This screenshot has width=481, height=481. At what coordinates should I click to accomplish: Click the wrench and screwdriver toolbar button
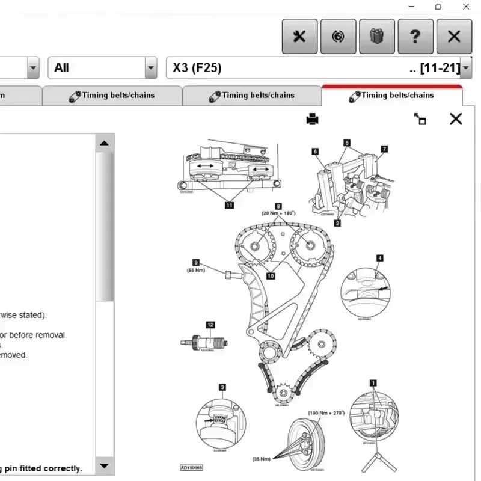pos(299,36)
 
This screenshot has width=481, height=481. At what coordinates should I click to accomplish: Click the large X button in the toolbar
pos(454,36)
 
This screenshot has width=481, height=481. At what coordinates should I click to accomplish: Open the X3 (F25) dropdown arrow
pos(466,68)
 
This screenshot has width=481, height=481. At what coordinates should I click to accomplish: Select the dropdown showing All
pos(102,68)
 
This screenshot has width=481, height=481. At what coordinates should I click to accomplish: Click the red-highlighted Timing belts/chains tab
pos(392,95)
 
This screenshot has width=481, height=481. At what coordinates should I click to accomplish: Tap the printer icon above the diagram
pos(313,119)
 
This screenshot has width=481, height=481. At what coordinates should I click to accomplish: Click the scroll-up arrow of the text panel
pos(105,143)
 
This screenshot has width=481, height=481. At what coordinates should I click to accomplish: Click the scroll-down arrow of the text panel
pos(105,465)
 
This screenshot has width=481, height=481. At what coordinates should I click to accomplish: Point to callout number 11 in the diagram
pos(229,205)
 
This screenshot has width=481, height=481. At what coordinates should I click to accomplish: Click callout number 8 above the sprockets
pos(278,206)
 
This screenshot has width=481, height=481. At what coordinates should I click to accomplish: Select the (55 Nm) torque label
pos(196,270)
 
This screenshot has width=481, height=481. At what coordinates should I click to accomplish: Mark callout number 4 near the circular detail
pos(379,258)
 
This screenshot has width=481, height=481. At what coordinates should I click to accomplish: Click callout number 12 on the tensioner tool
pos(210,325)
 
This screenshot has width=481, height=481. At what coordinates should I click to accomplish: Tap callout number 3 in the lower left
pos(222,388)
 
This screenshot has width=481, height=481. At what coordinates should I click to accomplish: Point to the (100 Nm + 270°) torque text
pos(326,413)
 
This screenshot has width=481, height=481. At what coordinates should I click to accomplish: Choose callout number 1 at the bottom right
pos(373,382)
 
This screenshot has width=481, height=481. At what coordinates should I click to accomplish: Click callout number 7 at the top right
pos(384,149)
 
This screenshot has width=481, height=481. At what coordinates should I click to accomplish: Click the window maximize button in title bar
pos(438,7)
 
